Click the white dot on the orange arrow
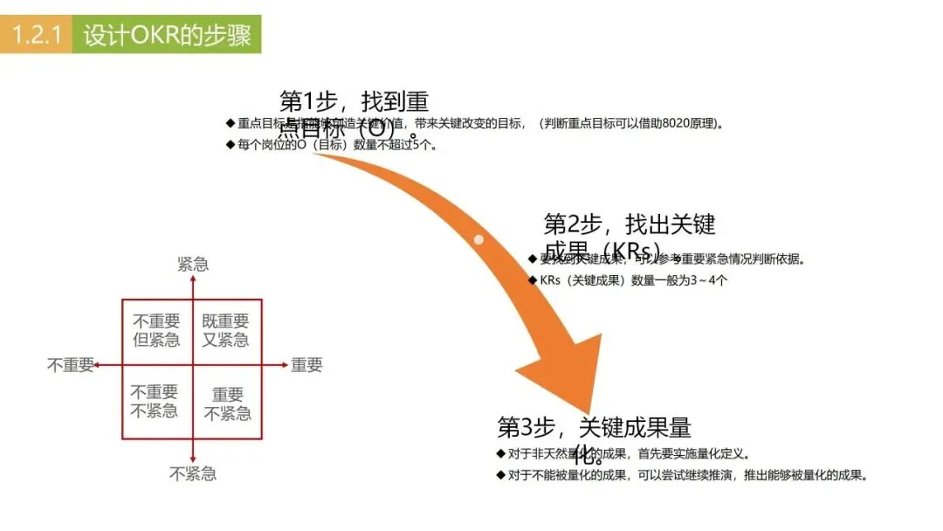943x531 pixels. point(478,239)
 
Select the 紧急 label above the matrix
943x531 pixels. point(193,265)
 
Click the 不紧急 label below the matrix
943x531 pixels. point(193,473)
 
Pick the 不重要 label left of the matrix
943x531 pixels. point(71,365)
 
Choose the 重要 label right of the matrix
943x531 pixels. point(306,365)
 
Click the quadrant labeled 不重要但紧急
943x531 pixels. point(156,331)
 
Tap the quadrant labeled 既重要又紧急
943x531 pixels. point(225,331)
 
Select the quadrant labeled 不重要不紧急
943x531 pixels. point(155,401)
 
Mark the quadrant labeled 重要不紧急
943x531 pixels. point(227,404)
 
